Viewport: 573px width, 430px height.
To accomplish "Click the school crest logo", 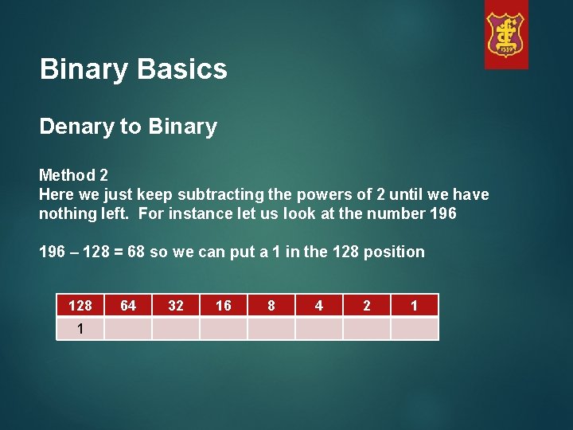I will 506,35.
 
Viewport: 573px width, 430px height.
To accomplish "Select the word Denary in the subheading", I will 76,127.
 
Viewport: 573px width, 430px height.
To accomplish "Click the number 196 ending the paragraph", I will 441,213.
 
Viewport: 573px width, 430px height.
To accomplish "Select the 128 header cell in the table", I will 80,305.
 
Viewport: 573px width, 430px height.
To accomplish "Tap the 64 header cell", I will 128,305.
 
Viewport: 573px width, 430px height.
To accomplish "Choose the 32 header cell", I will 176,305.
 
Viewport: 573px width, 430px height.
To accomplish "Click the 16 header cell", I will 224,305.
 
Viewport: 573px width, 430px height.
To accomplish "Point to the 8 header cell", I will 271,305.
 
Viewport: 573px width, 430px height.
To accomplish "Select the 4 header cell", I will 319,305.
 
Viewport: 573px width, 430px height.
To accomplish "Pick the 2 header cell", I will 367,305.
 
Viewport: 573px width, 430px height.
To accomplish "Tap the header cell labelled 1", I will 415,305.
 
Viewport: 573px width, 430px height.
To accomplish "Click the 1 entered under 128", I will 80,328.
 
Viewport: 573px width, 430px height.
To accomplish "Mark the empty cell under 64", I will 128,328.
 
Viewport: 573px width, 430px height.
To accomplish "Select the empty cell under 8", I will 271,328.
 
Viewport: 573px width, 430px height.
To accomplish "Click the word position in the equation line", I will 395,252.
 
